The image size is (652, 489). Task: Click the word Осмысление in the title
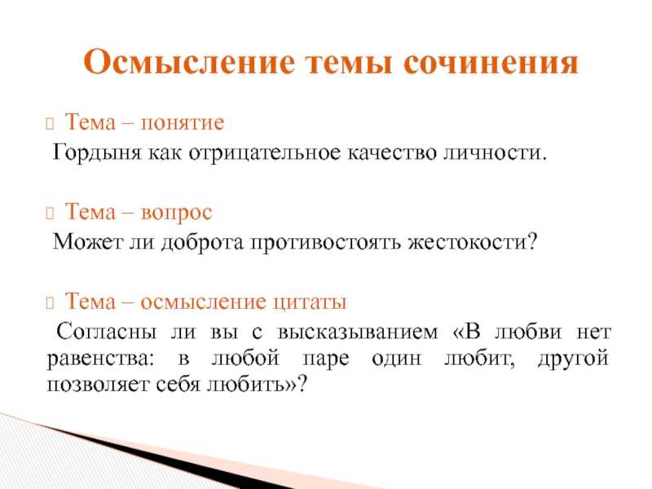pyautogui.click(x=189, y=62)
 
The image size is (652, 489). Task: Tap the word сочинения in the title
pyautogui.click(x=491, y=63)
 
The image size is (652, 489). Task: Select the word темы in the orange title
pyautogui.click(x=350, y=64)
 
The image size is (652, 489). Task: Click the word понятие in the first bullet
pyautogui.click(x=182, y=123)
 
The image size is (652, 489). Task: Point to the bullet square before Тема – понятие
pyautogui.click(x=50, y=124)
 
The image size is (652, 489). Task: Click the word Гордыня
pyautogui.click(x=97, y=152)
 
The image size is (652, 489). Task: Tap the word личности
pyautogui.click(x=495, y=152)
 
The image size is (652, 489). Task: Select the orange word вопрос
pyautogui.click(x=176, y=213)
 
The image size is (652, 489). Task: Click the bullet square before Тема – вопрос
pyautogui.click(x=50, y=214)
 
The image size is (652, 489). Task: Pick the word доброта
pyautogui.click(x=201, y=242)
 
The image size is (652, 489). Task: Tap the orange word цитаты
pyautogui.click(x=310, y=302)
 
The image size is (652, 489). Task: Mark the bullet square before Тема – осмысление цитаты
pyautogui.click(x=50, y=303)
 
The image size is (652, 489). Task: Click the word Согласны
pyautogui.click(x=107, y=332)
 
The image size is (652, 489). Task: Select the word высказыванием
pyautogui.click(x=357, y=333)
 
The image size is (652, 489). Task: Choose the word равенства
pyautogui.click(x=100, y=359)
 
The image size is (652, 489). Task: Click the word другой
pyautogui.click(x=573, y=359)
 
